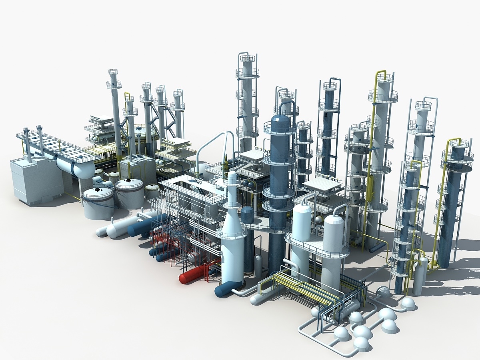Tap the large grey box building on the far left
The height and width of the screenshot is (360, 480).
click(x=36, y=180)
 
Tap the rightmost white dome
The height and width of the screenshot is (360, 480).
click(x=408, y=303)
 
